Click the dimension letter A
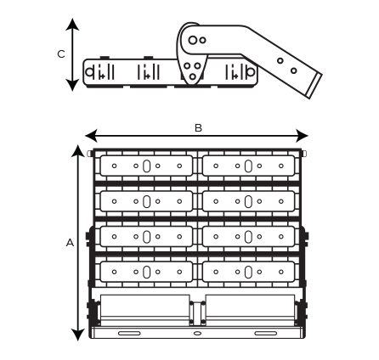[70, 243]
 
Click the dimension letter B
[198, 128]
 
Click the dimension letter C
[61, 54]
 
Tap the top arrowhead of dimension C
[73, 25]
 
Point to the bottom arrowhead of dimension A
[78, 335]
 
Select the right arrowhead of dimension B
[302, 136]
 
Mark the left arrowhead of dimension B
[91, 136]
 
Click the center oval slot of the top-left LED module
[146, 166]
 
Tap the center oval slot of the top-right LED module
[248, 166]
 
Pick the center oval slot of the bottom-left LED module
[146, 272]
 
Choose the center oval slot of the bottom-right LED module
[248, 272]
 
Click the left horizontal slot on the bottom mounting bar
[129, 334]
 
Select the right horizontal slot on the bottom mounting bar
[266, 334]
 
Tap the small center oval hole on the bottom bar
[197, 334]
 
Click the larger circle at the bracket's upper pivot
[193, 40]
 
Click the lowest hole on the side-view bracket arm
[294, 70]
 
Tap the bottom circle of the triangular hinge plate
[193, 76]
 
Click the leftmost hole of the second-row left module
[114, 201]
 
